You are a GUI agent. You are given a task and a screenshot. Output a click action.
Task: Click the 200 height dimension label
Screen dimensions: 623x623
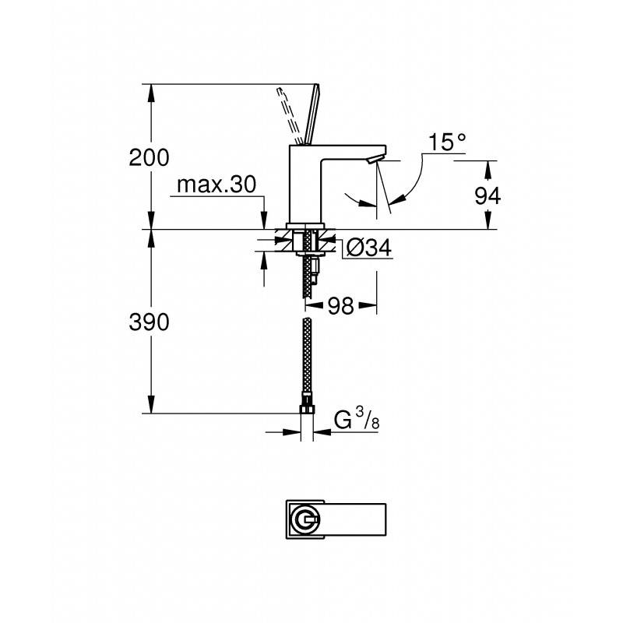[149, 158]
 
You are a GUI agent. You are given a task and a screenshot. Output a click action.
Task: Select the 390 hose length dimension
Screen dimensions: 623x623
[149, 322]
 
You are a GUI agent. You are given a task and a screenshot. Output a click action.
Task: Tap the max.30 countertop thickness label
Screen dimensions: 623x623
[216, 185]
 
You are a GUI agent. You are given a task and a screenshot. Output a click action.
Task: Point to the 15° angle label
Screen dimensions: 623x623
[447, 143]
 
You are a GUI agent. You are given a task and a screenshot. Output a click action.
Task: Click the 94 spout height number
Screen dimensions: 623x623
[488, 195]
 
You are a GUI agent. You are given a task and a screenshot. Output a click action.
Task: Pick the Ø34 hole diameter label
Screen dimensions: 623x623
[368, 248]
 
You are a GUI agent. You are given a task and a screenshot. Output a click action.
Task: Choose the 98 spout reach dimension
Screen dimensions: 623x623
[341, 306]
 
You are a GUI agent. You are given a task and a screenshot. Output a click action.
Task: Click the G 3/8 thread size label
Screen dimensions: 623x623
[357, 420]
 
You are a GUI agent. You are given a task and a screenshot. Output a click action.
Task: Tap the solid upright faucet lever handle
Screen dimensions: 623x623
[312, 114]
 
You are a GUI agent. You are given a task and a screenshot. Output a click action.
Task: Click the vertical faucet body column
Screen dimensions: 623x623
[306, 184]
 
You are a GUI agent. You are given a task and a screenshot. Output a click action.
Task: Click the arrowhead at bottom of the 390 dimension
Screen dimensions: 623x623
[151, 404]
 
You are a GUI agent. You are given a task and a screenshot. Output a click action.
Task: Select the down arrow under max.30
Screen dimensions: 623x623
[264, 220]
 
